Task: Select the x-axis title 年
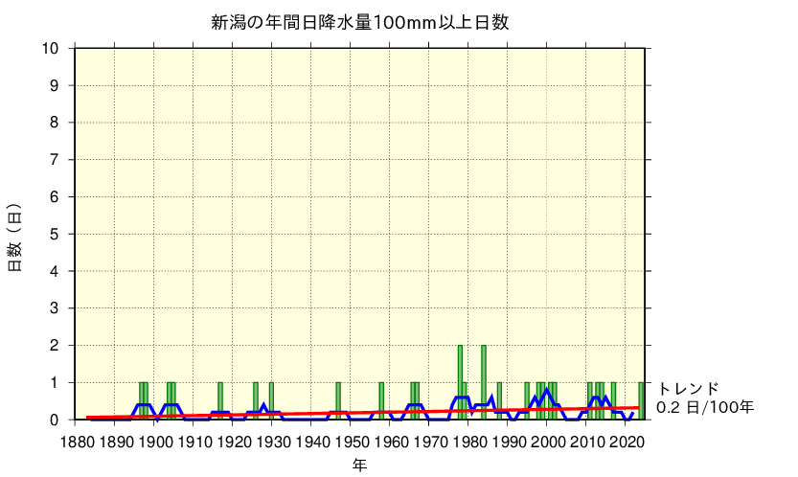(358, 465)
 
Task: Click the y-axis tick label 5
(56, 234)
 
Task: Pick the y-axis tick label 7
(56, 160)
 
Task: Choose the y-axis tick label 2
(56, 345)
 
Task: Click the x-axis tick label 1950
(352, 442)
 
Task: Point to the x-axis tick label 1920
(233, 442)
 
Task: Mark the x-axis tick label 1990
(510, 442)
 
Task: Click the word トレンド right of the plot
(687, 389)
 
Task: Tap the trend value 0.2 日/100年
(705, 408)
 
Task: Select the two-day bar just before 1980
(460, 382)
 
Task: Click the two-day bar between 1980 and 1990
(484, 382)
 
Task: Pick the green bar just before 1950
(338, 401)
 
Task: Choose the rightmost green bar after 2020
(642, 401)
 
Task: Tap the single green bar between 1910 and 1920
(220, 401)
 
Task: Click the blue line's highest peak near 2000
(547, 389)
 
